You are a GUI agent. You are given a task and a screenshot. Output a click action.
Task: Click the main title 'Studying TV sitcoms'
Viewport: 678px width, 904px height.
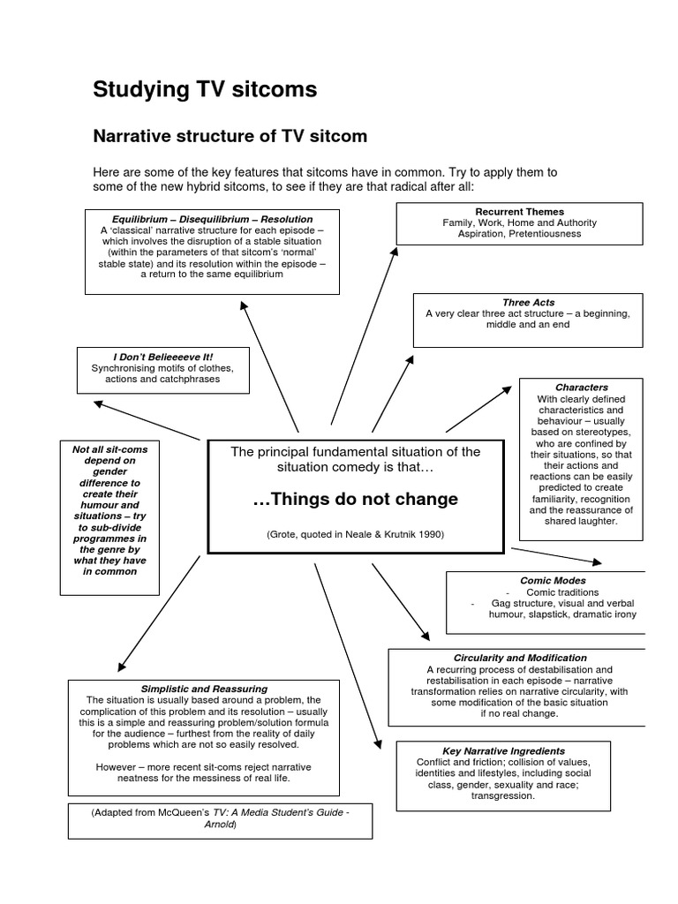206,89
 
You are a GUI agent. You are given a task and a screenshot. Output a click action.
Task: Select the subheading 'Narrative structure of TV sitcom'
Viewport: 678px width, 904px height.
230,137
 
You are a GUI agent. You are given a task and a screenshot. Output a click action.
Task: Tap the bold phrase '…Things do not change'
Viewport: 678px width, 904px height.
355,499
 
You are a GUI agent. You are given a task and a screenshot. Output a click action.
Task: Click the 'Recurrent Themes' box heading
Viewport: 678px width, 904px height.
519,213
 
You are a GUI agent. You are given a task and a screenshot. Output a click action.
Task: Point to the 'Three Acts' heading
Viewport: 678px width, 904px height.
529,302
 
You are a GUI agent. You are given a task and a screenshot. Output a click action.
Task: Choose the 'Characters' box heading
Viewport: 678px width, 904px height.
581,387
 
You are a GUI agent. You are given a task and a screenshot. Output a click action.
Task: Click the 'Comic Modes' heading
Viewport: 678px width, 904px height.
553,581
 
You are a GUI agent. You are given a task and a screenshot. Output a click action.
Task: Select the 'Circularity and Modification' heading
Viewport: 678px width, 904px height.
519,658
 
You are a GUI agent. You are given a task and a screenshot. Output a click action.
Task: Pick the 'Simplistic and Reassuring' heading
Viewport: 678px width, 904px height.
204,688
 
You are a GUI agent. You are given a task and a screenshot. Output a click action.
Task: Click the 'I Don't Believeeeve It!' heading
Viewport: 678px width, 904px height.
163,356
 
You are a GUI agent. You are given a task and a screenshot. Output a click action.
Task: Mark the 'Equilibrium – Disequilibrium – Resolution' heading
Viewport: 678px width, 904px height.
212,219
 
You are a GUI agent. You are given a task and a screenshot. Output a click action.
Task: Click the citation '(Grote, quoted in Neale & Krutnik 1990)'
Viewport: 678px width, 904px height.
355,535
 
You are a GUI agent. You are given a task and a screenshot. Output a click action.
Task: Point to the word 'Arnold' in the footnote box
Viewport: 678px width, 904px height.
220,825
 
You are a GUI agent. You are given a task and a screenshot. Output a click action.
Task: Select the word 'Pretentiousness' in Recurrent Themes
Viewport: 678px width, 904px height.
545,235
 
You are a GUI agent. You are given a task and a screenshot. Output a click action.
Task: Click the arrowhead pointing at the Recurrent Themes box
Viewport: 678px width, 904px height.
395,252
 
